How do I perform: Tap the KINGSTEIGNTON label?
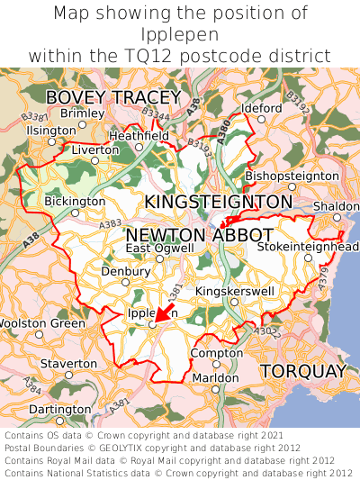pyautogui.click(x=219, y=202)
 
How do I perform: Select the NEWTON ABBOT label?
pyautogui.click(x=200, y=235)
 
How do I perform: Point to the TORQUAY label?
pyautogui.click(x=303, y=371)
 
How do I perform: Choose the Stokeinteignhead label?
pyautogui.click(x=308, y=247)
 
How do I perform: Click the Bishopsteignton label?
pyautogui.click(x=292, y=175)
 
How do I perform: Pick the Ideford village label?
pyautogui.click(x=262, y=108)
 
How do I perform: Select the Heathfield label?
pyautogui.click(x=139, y=136)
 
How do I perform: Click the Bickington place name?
pyautogui.click(x=75, y=201)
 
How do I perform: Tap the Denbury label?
pyautogui.click(x=125, y=271)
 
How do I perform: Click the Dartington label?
pyautogui.click(x=60, y=408)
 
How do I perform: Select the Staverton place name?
pyautogui.click(x=68, y=363)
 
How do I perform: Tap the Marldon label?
pyautogui.click(x=216, y=377)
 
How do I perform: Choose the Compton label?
pyautogui.click(x=217, y=353)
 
